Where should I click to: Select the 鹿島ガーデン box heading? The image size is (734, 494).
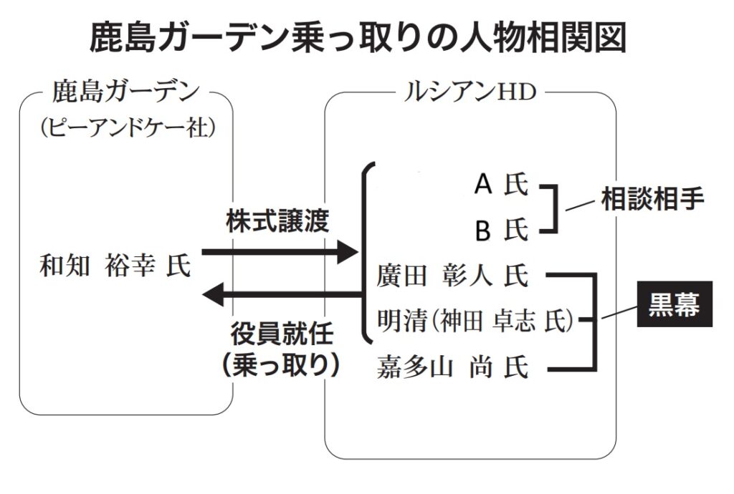(x=125, y=93)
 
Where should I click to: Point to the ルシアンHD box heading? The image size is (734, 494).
(x=468, y=93)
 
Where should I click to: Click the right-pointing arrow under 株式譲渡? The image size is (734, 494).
(x=280, y=251)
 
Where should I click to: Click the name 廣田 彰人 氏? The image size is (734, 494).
(x=452, y=276)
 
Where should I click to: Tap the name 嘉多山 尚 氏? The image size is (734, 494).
(x=452, y=369)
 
